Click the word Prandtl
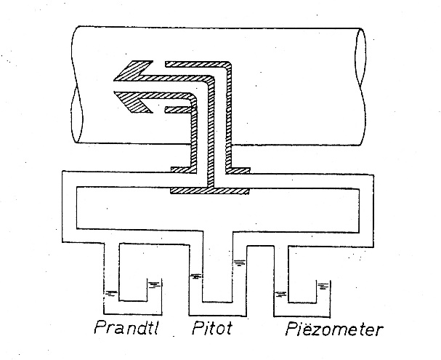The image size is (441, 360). [126, 327]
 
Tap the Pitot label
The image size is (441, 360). [212, 327]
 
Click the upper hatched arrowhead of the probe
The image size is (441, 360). [134, 71]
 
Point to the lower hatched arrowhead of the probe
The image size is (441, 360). [134, 102]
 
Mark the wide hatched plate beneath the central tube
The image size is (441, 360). [210, 191]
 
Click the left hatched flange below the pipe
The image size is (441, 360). [182, 170]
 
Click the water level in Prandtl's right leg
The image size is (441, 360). [155, 284]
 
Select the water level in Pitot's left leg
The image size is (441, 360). [195, 276]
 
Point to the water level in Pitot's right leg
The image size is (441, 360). [240, 263]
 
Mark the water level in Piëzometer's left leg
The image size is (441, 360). [280, 294]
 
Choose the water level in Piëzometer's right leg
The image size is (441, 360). [323, 286]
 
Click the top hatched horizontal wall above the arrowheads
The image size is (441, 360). [198, 64]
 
